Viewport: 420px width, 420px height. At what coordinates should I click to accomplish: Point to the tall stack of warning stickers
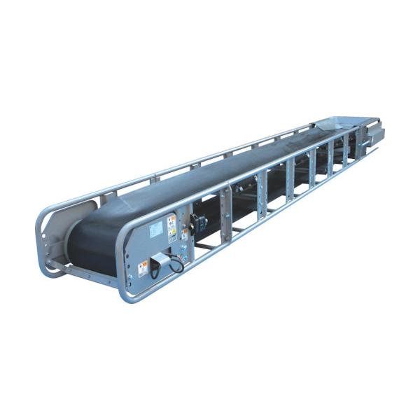[x=171, y=228]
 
